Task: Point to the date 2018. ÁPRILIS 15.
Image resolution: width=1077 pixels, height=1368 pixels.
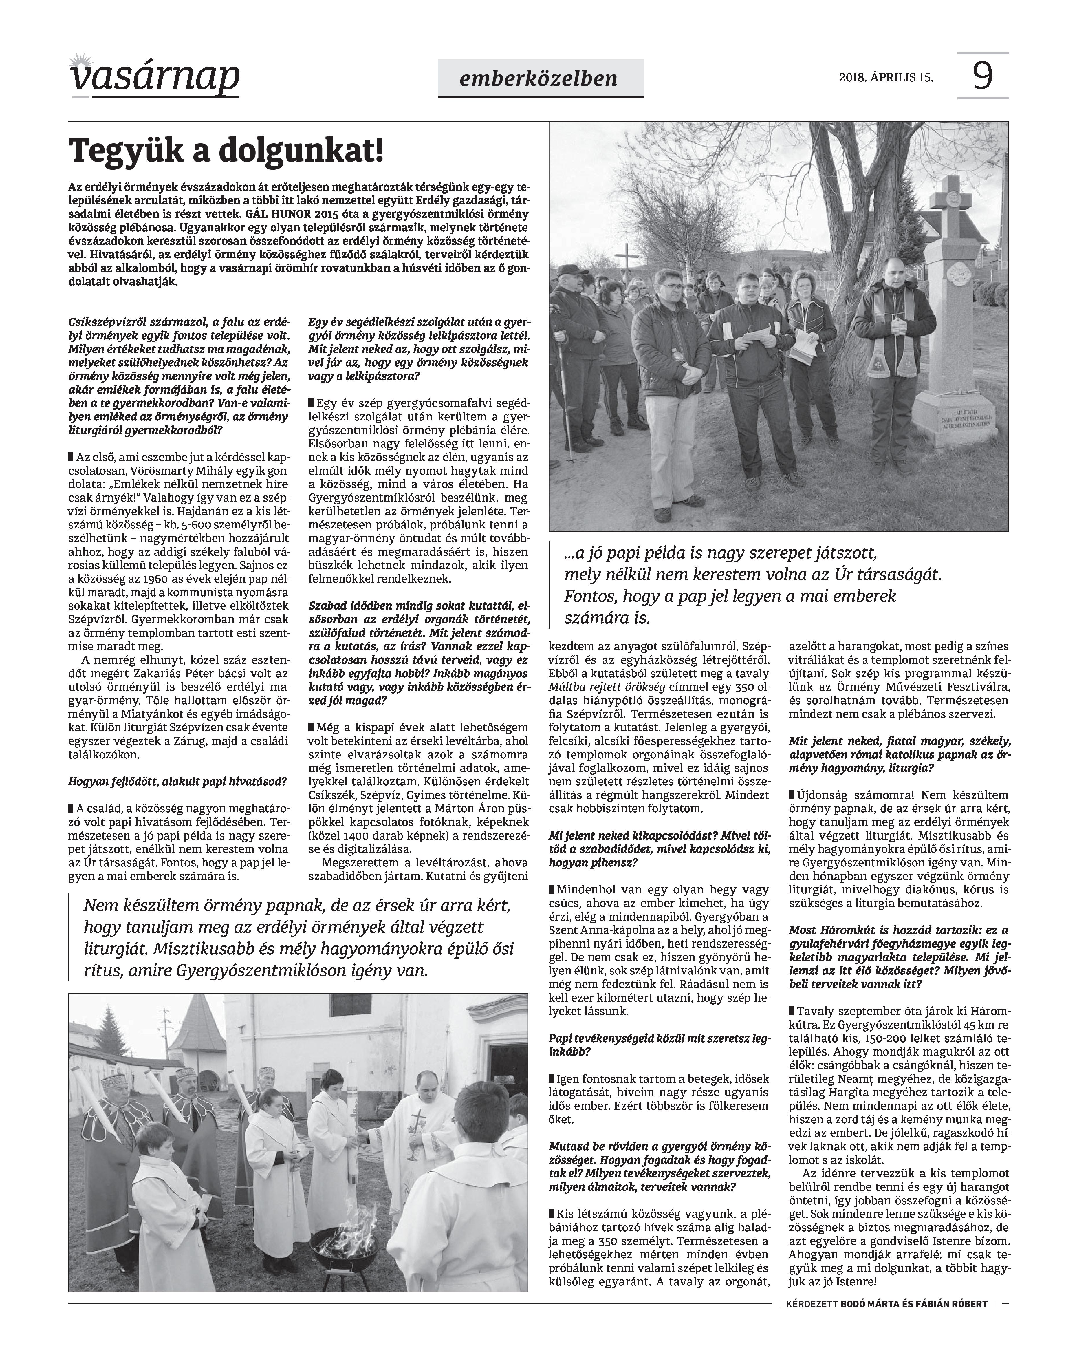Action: point(885,78)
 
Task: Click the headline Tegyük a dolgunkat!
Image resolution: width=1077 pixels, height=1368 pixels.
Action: point(226,151)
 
